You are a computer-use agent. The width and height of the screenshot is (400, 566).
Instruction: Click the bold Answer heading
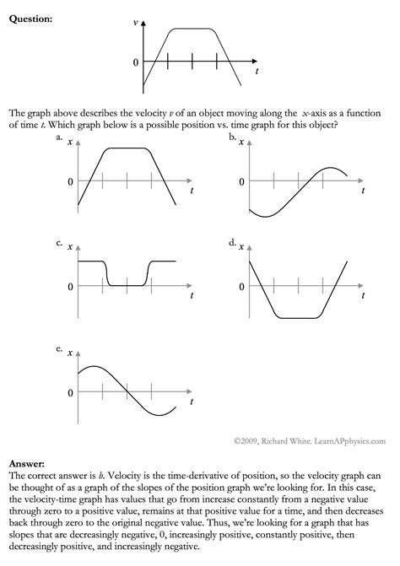[x=26, y=464]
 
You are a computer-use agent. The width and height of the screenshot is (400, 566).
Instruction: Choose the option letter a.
[x=59, y=137]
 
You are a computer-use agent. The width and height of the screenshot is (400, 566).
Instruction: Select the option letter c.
[x=59, y=244]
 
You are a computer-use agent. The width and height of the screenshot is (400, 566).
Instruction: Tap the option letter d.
[x=231, y=244]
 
